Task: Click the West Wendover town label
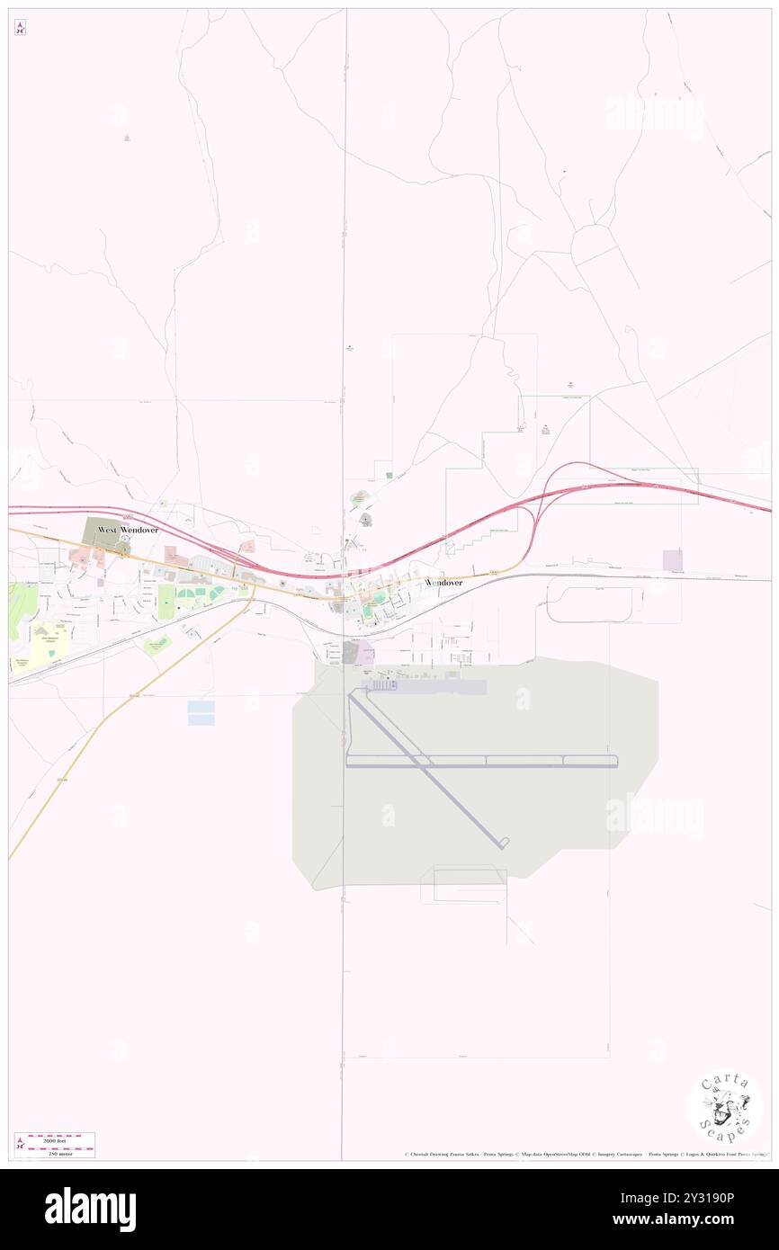click(x=128, y=531)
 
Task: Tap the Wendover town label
click(x=443, y=583)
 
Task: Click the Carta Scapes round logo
click(x=725, y=1106)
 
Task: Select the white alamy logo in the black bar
click(x=90, y=1210)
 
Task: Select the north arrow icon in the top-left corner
click(x=20, y=28)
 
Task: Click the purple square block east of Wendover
click(x=672, y=560)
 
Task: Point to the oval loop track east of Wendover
click(x=595, y=604)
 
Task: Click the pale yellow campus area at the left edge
click(x=50, y=641)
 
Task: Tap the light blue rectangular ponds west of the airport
click(x=201, y=712)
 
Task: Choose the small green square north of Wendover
click(x=389, y=475)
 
